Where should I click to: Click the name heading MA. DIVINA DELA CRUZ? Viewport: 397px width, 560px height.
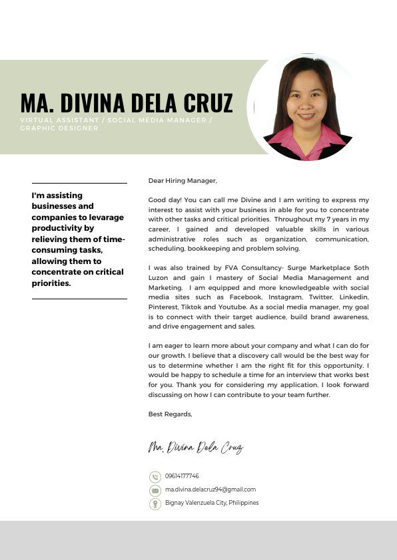tap(127, 103)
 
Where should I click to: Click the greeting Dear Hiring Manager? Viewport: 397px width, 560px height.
tap(183, 180)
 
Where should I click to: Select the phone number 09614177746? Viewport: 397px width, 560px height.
tap(182, 476)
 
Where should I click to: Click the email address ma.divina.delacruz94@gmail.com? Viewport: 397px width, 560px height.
tap(210, 490)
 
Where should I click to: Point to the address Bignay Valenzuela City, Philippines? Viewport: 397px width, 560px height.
tap(212, 503)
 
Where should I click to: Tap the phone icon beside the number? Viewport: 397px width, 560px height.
tap(155, 477)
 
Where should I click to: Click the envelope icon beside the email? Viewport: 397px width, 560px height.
tap(155, 490)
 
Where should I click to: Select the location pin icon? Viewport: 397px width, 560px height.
tap(155, 503)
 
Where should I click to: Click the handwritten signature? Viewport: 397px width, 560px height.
tap(195, 447)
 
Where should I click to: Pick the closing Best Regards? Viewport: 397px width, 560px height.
tap(170, 414)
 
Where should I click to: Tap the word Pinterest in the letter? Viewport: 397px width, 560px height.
tap(163, 307)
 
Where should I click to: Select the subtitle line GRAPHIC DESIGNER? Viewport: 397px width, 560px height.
tap(59, 128)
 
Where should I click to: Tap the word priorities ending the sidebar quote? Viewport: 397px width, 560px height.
tap(51, 283)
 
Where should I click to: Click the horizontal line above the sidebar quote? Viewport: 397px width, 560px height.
tap(79, 183)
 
